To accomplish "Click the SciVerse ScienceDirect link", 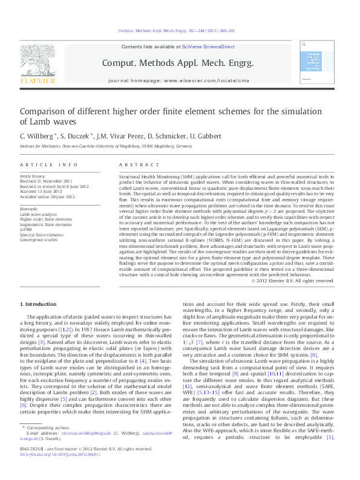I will [206, 47].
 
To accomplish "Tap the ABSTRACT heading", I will [136, 164].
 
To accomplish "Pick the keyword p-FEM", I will [27, 230].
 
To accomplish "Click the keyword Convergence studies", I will [39, 239].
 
